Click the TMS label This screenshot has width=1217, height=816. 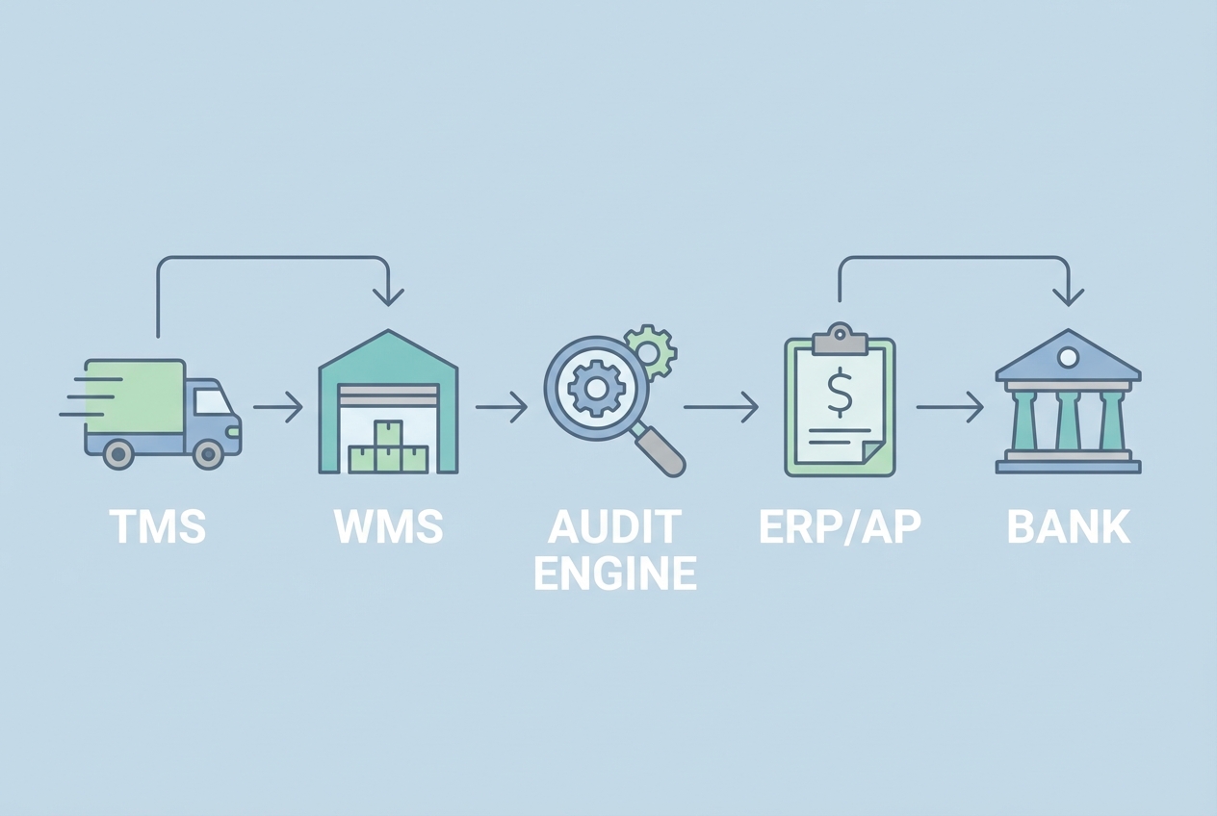coord(157,527)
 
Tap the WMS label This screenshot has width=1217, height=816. coord(389,527)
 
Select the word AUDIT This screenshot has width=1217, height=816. coord(614,527)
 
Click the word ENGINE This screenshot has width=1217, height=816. coord(614,574)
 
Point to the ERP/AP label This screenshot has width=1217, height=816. coord(839,527)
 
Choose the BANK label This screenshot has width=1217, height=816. coord(1068,527)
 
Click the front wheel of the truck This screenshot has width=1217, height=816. coord(208,453)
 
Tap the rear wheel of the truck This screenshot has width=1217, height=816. coord(118,453)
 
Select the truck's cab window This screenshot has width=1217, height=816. coord(212,401)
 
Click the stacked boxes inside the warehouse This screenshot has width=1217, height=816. coord(388,449)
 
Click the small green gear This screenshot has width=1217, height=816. coord(651,350)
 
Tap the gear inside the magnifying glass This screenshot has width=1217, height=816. coord(596,389)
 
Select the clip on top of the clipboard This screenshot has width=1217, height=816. coord(840,339)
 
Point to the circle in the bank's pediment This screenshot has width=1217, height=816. coord(1068,358)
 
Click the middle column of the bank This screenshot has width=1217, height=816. coord(1068,421)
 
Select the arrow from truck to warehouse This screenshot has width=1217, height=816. coord(278,408)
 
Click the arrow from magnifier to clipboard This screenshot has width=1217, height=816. coord(721,408)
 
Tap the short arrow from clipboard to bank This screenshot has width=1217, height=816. coord(949,408)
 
